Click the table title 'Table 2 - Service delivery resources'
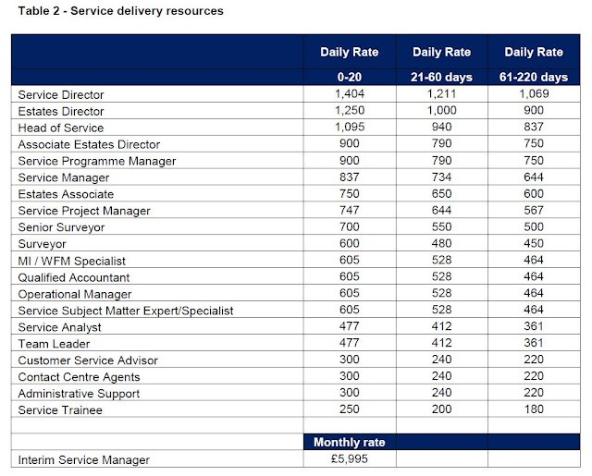[x=117, y=11]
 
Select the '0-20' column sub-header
[x=349, y=77]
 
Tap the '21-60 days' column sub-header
[x=440, y=77]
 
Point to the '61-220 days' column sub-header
[x=533, y=77]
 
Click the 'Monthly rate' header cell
[x=349, y=442]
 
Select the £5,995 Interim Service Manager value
[x=349, y=459]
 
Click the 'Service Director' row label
[x=61, y=94]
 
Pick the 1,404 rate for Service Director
[x=349, y=94]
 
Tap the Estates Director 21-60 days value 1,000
[x=440, y=111]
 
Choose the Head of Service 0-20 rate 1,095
[x=349, y=128]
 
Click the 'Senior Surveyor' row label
[x=59, y=227]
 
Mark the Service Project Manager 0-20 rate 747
[x=349, y=211]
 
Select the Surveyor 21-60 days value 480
[x=440, y=244]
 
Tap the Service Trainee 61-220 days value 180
[x=533, y=410]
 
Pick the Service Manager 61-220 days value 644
[x=533, y=177]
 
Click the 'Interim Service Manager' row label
[x=82, y=459]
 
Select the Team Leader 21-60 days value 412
[x=440, y=344]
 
